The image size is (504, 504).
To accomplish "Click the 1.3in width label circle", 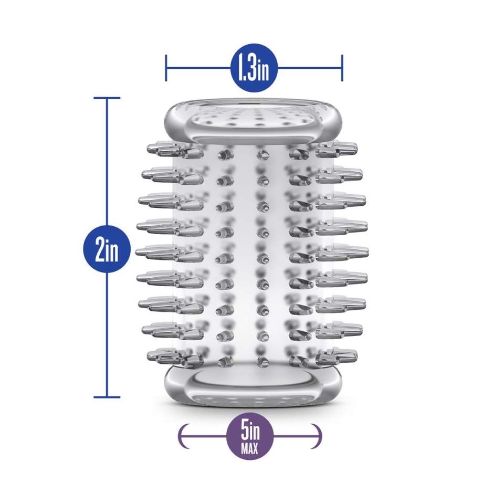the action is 254,68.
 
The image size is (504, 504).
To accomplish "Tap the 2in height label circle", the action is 107,248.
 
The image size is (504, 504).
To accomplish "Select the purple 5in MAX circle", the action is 250,436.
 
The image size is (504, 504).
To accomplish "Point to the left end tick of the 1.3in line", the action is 166,68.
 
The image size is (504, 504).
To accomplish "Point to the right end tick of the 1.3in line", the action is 342,68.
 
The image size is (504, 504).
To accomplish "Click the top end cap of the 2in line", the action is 107,98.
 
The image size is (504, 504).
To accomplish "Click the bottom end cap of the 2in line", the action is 107,397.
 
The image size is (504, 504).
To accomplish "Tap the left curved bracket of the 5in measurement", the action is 184,436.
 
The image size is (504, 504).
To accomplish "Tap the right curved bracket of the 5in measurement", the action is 316,436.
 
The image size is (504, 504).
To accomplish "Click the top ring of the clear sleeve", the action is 254,123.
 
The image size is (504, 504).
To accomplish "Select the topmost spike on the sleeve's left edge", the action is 164,149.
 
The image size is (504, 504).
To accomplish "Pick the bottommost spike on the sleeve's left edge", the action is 164,356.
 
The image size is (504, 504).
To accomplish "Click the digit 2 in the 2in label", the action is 99,248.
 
